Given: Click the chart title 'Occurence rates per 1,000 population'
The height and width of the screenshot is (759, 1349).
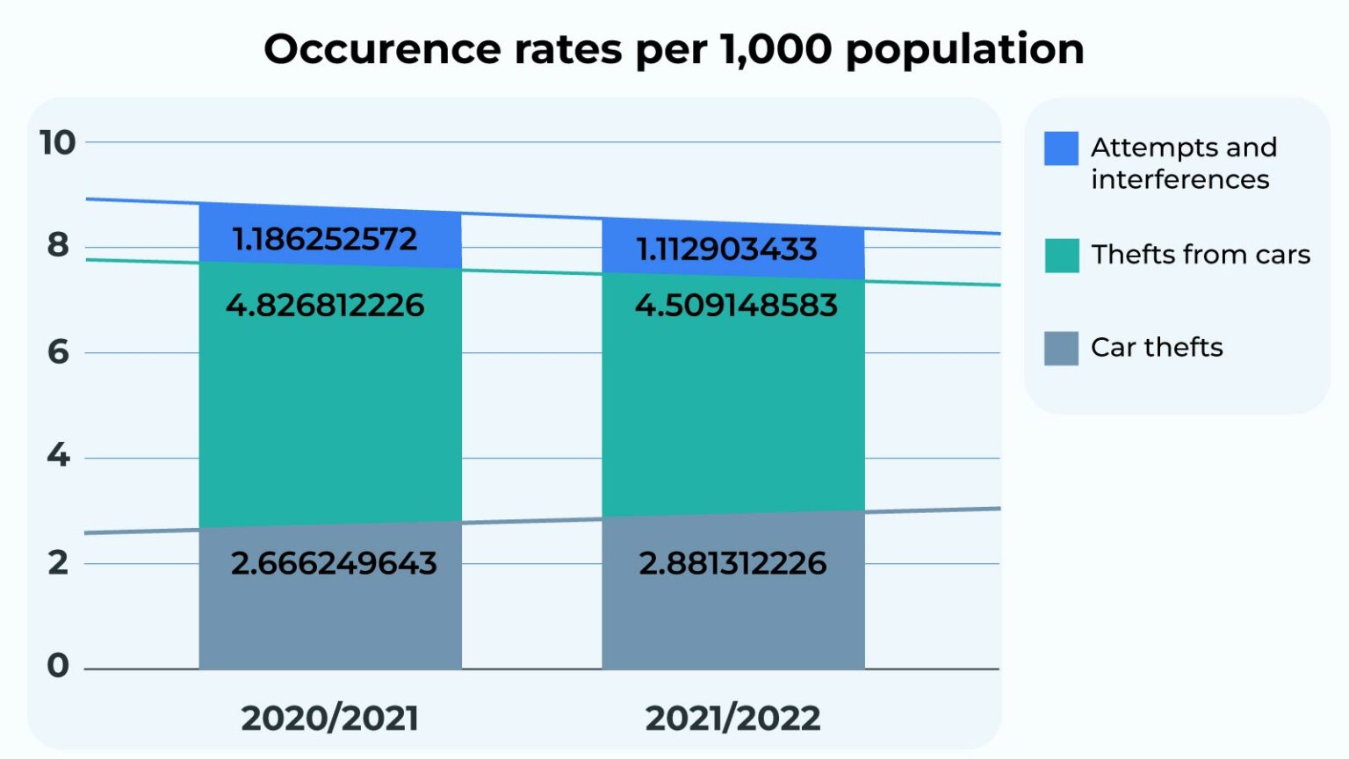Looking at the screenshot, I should tap(674, 49).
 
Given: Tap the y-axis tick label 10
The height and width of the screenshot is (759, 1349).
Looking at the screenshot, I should tap(58, 142).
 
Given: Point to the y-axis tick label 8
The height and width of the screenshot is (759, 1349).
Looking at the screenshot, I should tap(58, 245).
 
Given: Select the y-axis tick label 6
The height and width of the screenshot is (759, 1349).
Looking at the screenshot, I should tap(58, 352).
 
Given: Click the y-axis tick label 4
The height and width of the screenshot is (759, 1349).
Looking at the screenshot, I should tap(58, 455).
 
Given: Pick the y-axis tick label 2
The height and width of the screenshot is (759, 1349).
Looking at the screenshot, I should tap(58, 562).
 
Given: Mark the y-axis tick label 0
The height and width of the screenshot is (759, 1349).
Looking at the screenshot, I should tap(58, 666).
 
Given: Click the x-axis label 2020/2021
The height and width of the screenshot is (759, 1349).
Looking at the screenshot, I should tap(329, 719).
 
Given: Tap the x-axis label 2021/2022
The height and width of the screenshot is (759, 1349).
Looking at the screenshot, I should tap(732, 719).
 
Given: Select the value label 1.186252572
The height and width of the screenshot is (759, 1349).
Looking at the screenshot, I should tap(324, 239).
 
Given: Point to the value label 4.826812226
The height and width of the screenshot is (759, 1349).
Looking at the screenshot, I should tap(325, 306).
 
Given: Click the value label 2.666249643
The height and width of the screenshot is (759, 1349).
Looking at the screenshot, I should tap(334, 563).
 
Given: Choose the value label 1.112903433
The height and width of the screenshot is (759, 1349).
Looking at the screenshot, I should tap(726, 249).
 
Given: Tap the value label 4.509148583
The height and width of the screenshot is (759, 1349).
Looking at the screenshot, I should tap(736, 306).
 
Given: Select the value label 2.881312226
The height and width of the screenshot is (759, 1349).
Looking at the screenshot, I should tap(732, 563).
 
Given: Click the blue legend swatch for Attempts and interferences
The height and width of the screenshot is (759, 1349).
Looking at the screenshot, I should tap(1061, 148).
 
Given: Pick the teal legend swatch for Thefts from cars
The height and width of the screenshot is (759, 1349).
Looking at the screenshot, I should tap(1061, 256).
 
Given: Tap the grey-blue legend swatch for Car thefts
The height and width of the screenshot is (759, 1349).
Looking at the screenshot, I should tap(1061, 348).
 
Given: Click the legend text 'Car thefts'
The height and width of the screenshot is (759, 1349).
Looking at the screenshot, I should tap(1157, 348).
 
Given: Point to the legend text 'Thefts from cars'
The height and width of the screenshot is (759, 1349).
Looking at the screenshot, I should tap(1200, 255).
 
